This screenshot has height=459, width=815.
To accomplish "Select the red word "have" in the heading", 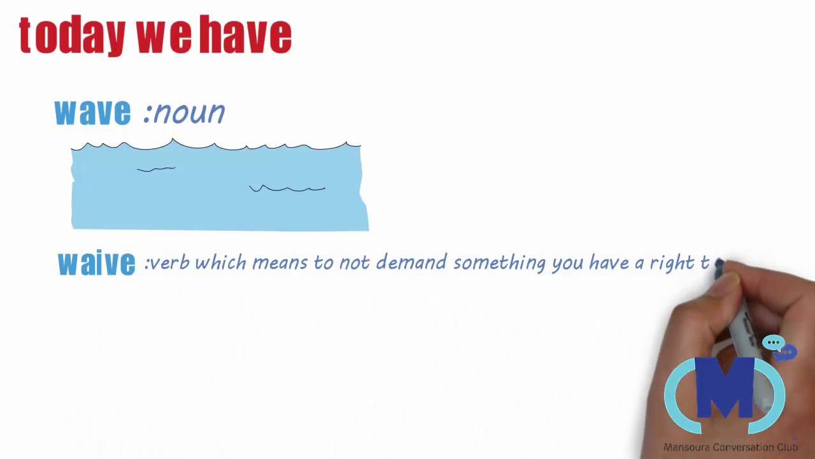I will pyautogui.click(x=245, y=36).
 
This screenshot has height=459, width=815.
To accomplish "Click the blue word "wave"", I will pyautogui.click(x=92, y=112).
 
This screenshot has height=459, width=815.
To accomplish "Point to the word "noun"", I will pyautogui.click(x=188, y=113).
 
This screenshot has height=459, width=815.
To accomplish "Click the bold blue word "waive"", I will pyautogui.click(x=96, y=263).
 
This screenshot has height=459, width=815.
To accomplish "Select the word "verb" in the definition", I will pyautogui.click(x=170, y=263).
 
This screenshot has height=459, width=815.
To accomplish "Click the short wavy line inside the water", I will pyautogui.click(x=156, y=169).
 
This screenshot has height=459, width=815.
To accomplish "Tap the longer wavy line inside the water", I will pyautogui.click(x=287, y=189).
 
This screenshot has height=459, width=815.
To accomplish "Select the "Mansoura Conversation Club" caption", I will pyautogui.click(x=730, y=448).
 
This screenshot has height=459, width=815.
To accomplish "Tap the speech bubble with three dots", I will pyautogui.click(x=774, y=343).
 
